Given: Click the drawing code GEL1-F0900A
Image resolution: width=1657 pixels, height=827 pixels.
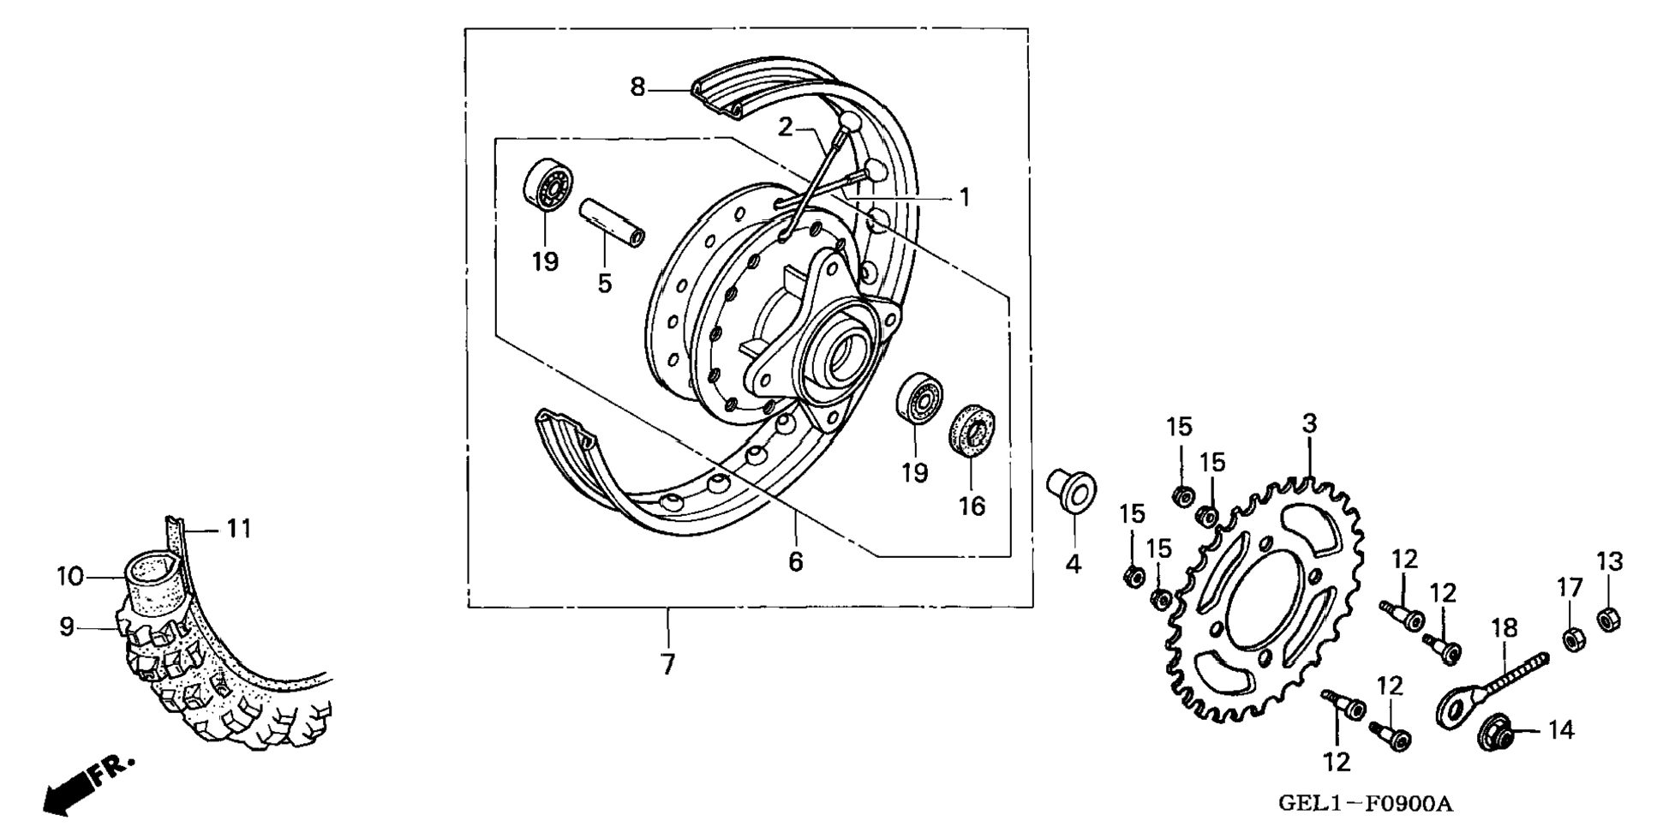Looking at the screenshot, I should point(1365,804).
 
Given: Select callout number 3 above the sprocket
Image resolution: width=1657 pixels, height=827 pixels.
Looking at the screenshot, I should point(1309,423).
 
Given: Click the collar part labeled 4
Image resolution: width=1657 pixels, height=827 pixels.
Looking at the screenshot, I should point(1071,490).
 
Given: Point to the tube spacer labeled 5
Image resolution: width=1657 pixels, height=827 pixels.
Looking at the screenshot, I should point(612,222).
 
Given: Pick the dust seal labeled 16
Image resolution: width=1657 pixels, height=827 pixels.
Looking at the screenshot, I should point(972,429).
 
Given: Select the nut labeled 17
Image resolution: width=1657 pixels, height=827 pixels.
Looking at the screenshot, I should point(1573,639).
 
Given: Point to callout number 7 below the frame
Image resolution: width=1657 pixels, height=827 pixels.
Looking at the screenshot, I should point(668,664).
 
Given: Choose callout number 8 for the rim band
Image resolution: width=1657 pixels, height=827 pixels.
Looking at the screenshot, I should point(637,87).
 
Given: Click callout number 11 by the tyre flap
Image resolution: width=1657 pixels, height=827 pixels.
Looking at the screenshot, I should point(239,529).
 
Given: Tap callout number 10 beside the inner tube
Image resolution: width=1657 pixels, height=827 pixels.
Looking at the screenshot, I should point(69,576).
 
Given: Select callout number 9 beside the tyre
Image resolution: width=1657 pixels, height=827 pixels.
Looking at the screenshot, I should point(67,627).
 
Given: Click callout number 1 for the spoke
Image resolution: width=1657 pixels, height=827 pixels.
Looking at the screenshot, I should point(965,197).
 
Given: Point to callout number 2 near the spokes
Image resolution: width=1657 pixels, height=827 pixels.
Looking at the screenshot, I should point(786,128).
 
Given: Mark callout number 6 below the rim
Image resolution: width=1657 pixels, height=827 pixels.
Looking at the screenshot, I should point(796,562).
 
